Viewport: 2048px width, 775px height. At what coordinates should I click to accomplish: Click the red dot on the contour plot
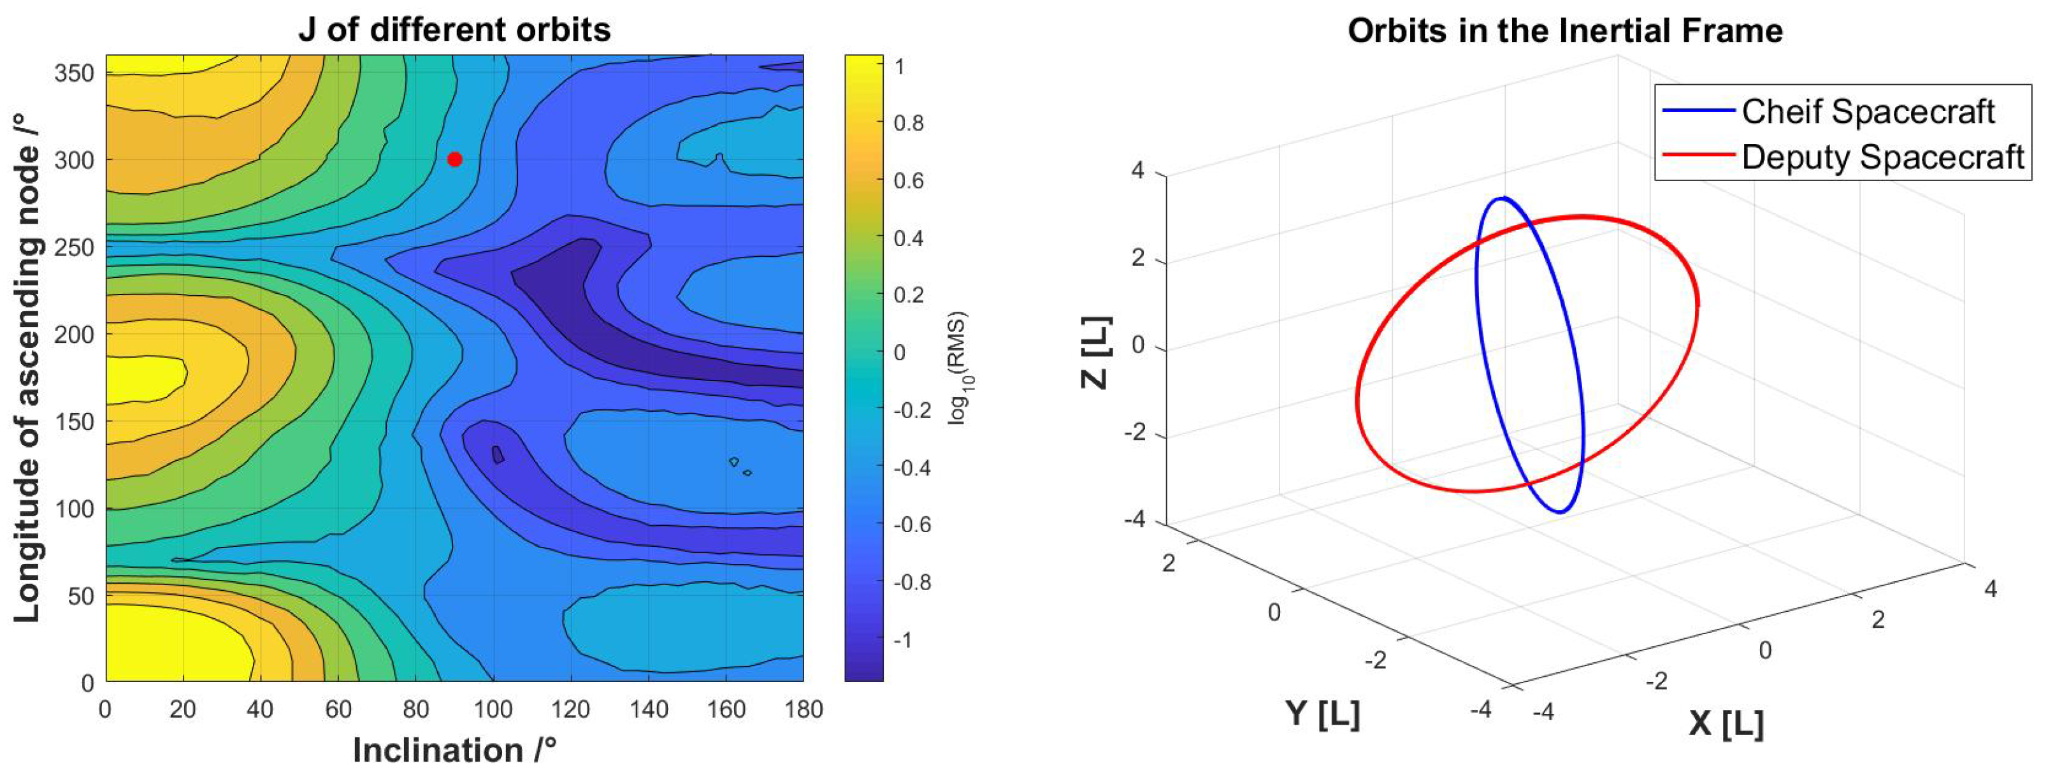tap(454, 160)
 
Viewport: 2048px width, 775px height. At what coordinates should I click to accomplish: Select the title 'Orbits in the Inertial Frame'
tap(1564, 31)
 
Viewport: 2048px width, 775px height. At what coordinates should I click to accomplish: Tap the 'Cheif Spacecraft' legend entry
tap(1868, 112)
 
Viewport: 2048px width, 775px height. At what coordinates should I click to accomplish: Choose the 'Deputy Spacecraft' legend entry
tap(1882, 157)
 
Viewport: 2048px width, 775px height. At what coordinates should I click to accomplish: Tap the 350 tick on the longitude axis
tap(73, 73)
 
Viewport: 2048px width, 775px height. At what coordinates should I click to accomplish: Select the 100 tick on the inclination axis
tap(493, 709)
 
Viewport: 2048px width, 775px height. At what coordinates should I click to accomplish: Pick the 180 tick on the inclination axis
tap(803, 709)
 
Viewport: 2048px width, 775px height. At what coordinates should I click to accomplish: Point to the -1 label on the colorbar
tap(902, 640)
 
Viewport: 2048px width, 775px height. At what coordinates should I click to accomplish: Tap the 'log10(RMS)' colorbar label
tap(958, 368)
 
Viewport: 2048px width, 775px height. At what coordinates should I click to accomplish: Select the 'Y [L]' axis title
tap(1322, 713)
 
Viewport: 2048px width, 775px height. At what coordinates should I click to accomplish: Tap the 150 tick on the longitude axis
tap(73, 421)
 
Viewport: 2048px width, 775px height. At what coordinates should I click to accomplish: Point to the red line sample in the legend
tap(1698, 156)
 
